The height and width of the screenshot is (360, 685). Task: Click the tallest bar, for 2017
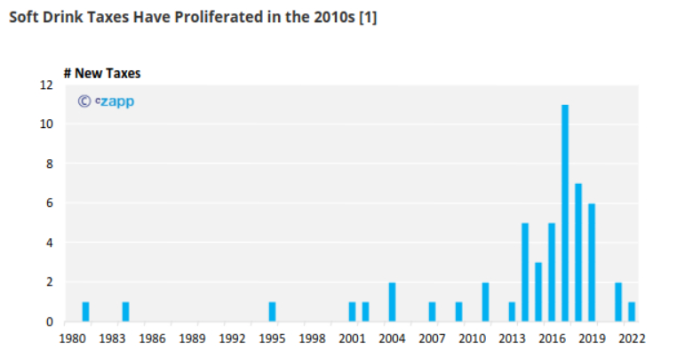[x=565, y=213]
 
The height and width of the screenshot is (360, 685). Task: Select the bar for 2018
[x=578, y=252]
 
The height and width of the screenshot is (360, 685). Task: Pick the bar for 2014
[x=525, y=272]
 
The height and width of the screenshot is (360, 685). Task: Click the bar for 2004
[x=392, y=302]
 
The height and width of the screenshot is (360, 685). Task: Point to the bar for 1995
[x=272, y=312]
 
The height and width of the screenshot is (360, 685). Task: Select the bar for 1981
[x=85, y=312]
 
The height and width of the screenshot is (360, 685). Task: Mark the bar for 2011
[x=485, y=302]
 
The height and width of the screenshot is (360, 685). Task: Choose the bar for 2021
[x=618, y=302]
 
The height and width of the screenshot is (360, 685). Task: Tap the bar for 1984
[x=125, y=312]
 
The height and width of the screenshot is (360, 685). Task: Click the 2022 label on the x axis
[x=632, y=339]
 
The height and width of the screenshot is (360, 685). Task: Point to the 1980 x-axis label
[x=72, y=339]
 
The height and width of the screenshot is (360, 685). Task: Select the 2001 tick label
[x=352, y=339]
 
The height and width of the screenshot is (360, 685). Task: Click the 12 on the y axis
[x=46, y=85]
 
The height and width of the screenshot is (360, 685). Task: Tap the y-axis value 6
[x=50, y=204]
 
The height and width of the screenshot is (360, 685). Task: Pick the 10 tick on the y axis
[x=46, y=124]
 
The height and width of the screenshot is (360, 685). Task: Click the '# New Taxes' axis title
[x=101, y=73]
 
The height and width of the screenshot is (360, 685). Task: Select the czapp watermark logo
[x=107, y=101]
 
